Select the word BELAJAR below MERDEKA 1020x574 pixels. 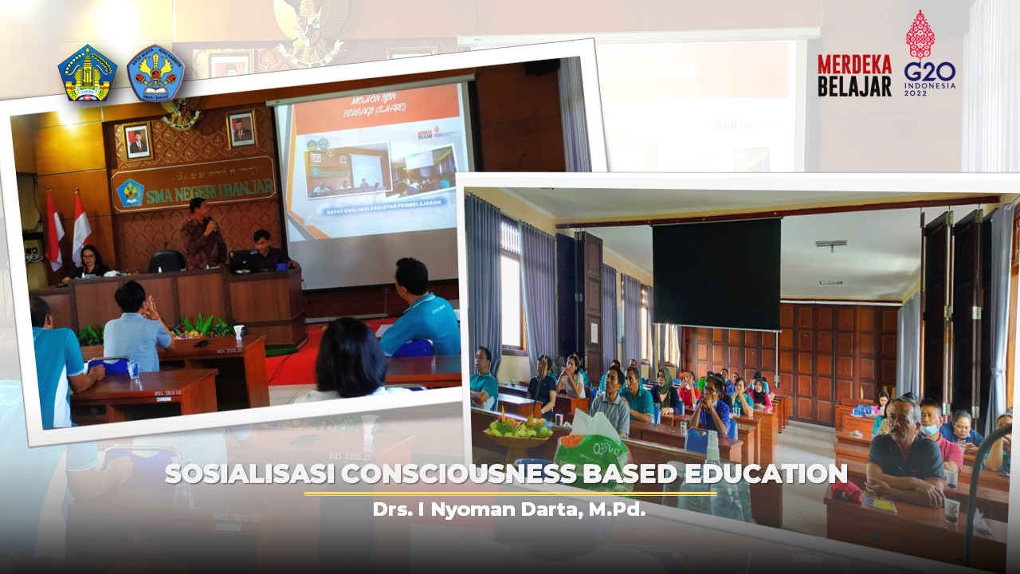(854, 85)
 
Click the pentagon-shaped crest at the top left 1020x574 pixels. (87, 73)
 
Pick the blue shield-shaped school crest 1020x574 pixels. (155, 73)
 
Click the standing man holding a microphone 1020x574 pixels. (202, 235)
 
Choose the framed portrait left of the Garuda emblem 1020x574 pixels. (137, 140)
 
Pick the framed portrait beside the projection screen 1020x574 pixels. (241, 128)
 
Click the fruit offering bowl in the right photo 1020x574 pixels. (517, 431)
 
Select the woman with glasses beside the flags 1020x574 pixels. (89, 262)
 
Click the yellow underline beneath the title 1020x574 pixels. (510, 493)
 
